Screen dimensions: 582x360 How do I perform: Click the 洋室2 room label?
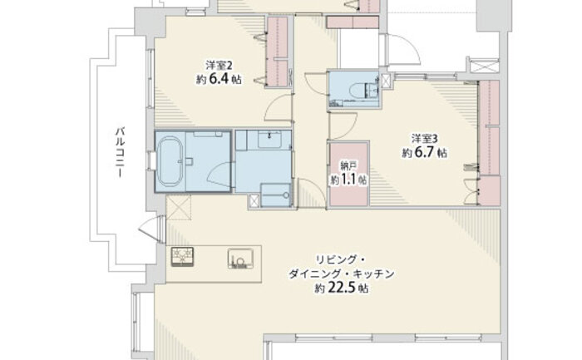219,66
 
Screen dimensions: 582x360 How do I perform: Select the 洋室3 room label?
424,139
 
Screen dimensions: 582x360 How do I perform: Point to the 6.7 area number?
424,152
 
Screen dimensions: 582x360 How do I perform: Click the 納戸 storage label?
348,166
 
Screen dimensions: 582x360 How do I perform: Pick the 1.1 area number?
348,180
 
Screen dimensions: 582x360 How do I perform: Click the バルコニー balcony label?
120,152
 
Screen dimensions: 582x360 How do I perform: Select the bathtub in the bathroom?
170,161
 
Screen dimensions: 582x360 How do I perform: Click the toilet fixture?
358,90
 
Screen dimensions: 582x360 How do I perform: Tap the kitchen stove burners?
182,256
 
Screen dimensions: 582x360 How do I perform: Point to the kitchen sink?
241,258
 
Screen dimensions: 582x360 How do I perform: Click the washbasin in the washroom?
274,140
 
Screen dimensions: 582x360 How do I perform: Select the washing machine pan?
275,195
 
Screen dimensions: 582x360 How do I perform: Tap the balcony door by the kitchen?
152,227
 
